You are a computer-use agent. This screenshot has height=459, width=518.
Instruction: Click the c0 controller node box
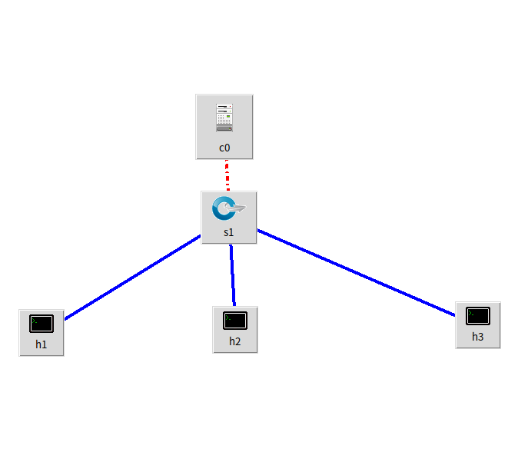pos(224,127)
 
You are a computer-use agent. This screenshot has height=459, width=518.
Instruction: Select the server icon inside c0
pos(224,118)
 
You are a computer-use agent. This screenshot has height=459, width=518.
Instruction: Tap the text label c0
pos(224,147)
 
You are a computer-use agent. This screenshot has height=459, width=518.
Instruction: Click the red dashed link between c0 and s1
pos(227,175)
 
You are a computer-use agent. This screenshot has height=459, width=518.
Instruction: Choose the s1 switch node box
pos(228,218)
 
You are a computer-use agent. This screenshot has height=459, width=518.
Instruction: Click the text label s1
pos(228,231)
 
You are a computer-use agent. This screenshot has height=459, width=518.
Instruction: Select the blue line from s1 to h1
pos(132,278)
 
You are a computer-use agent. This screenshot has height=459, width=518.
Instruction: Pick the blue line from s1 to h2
pos(232,275)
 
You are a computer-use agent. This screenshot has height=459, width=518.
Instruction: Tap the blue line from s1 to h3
pos(356,272)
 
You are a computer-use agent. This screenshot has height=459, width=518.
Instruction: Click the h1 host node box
pos(42,332)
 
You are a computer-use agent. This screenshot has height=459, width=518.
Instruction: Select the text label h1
pos(42,344)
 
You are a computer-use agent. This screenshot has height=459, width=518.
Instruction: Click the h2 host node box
pos(235,330)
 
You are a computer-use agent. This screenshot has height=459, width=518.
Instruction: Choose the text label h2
pos(235,341)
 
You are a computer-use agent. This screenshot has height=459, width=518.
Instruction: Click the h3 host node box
pos(478,325)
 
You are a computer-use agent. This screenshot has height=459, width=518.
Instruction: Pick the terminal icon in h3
pos(478,315)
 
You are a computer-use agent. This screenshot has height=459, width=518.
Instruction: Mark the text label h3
pos(478,337)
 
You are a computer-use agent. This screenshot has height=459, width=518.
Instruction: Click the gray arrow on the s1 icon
pos(237,208)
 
